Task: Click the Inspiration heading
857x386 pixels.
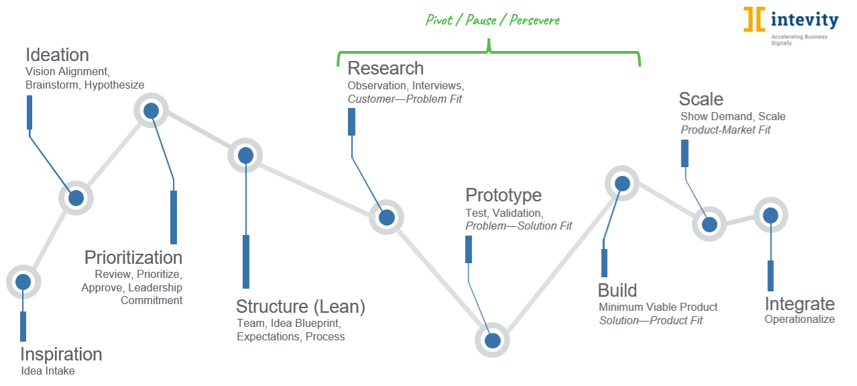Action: click(61, 354)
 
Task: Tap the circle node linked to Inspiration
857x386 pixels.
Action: click(23, 282)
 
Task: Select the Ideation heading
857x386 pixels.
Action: click(57, 54)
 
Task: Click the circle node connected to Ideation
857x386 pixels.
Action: click(76, 198)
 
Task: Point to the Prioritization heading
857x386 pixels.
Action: click(133, 257)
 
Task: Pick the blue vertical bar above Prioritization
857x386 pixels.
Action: click(174, 217)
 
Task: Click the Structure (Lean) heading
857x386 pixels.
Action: click(300, 307)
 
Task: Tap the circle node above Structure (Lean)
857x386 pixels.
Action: click(245, 155)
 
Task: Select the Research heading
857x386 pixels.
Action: click(386, 68)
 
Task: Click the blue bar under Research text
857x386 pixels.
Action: click(351, 122)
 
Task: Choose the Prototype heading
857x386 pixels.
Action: click(504, 195)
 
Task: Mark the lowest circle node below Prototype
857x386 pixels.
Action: click(493, 340)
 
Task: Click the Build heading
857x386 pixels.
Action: click(617, 291)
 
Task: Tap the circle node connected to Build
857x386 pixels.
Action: click(622, 183)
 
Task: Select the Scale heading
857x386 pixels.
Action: click(701, 99)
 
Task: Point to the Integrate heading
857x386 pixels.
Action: click(799, 303)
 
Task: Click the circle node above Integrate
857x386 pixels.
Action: click(770, 215)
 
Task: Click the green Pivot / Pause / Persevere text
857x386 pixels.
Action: click(493, 19)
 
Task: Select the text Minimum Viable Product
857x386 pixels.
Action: click(658, 307)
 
